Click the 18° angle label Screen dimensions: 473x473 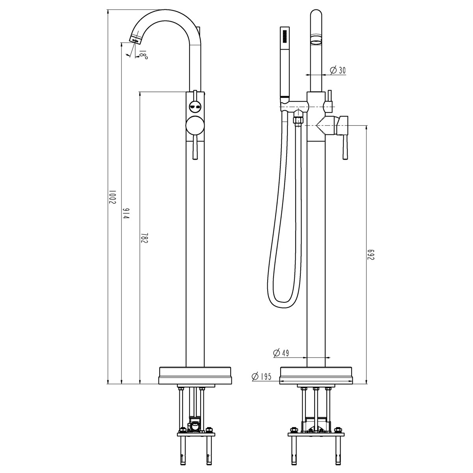143,54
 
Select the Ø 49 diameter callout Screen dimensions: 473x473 281,353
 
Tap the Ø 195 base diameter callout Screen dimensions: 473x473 262,376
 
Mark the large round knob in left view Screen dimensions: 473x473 195,126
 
